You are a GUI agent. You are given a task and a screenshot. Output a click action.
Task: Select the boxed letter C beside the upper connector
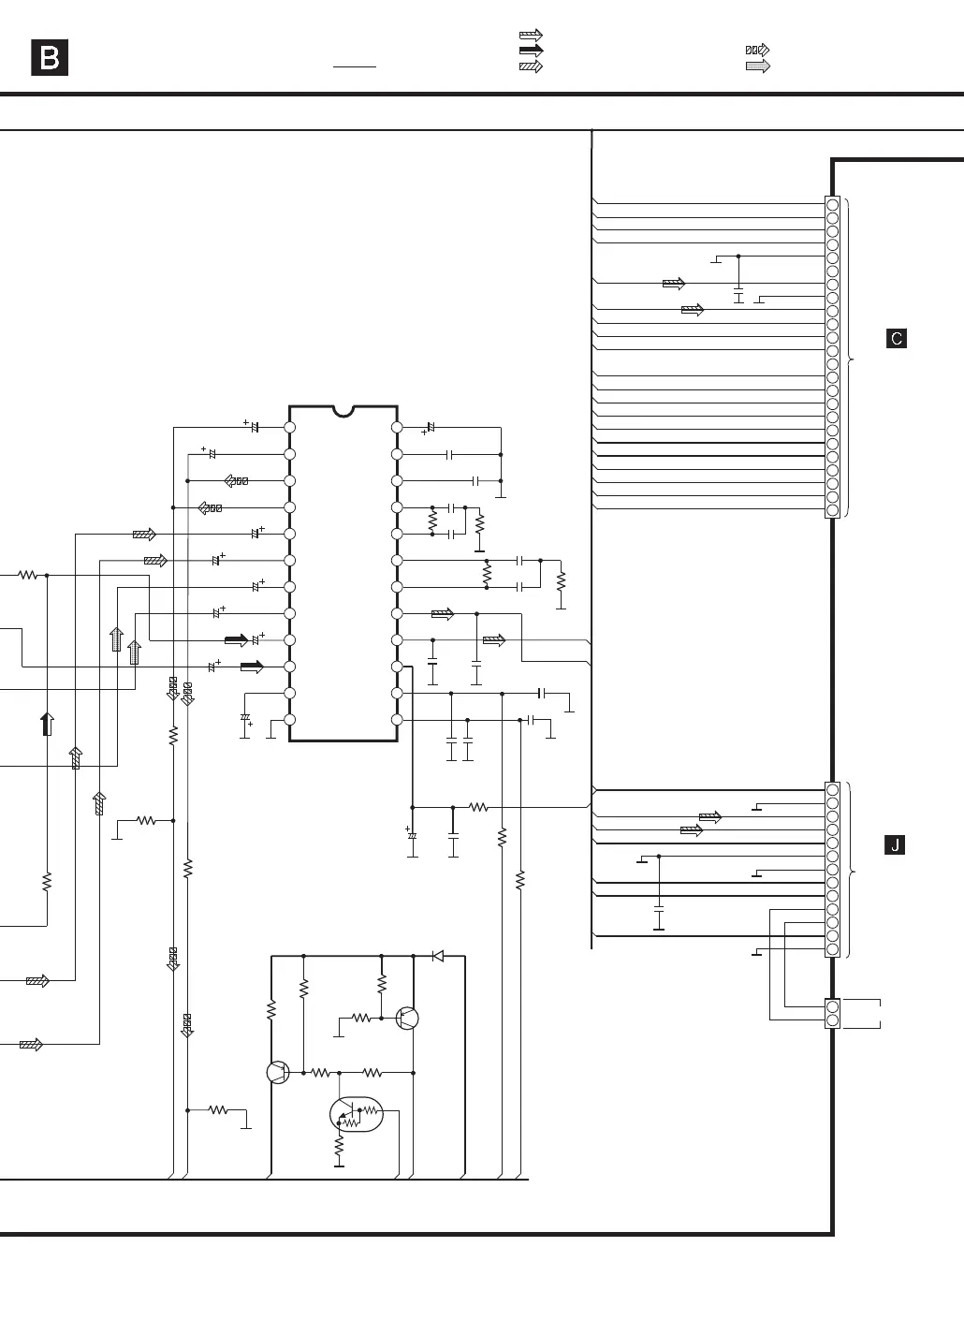(x=896, y=339)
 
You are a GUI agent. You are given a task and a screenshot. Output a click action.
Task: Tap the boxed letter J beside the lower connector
(x=896, y=845)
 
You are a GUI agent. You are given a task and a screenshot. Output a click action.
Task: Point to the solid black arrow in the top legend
(x=531, y=51)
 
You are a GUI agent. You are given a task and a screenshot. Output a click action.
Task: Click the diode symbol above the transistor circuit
(x=437, y=956)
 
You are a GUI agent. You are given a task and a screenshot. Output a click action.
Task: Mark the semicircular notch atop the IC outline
(x=343, y=411)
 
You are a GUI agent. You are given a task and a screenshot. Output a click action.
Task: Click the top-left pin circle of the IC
(x=290, y=427)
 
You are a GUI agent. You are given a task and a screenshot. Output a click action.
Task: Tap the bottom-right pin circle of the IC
(x=397, y=720)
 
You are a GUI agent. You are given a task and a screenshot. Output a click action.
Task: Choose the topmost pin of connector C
(x=832, y=203)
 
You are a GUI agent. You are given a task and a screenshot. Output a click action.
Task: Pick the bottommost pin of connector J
(x=832, y=949)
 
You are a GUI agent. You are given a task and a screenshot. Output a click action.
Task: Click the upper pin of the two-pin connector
(x=832, y=1006)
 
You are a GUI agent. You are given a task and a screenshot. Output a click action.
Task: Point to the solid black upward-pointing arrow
(x=47, y=724)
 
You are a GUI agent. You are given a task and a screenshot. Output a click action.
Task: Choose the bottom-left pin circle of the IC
(x=290, y=720)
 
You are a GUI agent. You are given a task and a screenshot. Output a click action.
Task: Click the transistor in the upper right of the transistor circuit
(x=407, y=1018)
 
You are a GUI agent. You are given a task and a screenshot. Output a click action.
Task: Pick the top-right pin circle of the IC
(x=397, y=427)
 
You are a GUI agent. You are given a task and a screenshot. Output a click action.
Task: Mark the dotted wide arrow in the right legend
(x=757, y=66)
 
